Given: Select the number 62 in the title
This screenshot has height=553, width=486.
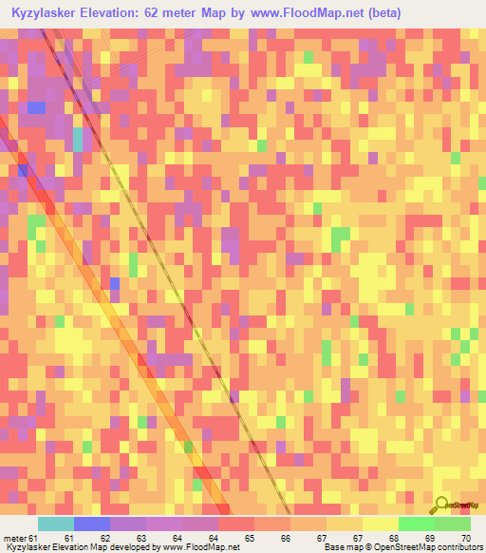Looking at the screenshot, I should [171, 12].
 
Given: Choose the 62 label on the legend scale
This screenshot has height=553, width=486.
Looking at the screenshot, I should [118, 539].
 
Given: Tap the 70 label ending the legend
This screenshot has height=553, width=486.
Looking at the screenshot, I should [464, 539].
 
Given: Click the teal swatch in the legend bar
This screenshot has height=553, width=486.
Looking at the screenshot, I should [55, 524].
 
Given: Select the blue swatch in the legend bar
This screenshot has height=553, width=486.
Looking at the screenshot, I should [91, 524].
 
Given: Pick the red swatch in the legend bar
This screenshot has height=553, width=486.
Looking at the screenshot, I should [235, 524].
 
